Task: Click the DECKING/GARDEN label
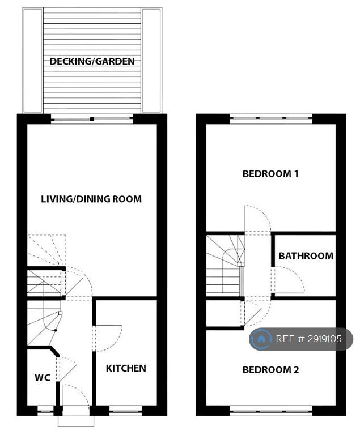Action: (x=92, y=61)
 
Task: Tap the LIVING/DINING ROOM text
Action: (x=91, y=199)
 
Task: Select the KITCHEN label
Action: (x=126, y=368)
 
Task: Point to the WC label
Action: (x=43, y=377)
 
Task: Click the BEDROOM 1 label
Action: (x=270, y=174)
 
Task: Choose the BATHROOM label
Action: (x=306, y=256)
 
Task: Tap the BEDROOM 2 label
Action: (x=271, y=370)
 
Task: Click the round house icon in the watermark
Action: (x=261, y=339)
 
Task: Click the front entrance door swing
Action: (x=83, y=391)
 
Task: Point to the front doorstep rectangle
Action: (x=76, y=421)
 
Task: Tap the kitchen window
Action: (x=126, y=411)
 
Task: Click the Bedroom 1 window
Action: (x=271, y=119)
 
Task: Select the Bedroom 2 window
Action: (x=271, y=410)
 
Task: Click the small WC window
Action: (x=45, y=411)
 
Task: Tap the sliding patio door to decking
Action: (x=92, y=119)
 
